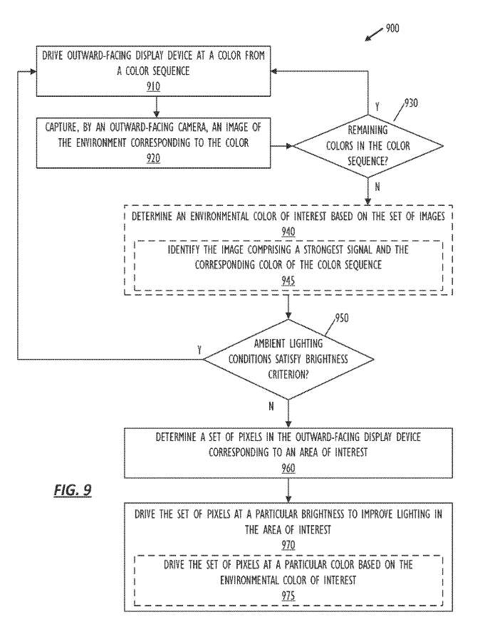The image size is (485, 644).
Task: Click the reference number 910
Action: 154,87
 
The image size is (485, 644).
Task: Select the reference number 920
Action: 154,159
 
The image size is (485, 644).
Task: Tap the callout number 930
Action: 410,103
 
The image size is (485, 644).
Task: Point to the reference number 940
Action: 288,231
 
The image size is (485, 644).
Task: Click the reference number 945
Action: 288,280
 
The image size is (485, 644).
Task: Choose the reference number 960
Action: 288,468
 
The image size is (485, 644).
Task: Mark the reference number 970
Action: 288,546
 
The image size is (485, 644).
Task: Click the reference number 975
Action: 288,595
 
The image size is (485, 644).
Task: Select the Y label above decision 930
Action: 377,106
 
